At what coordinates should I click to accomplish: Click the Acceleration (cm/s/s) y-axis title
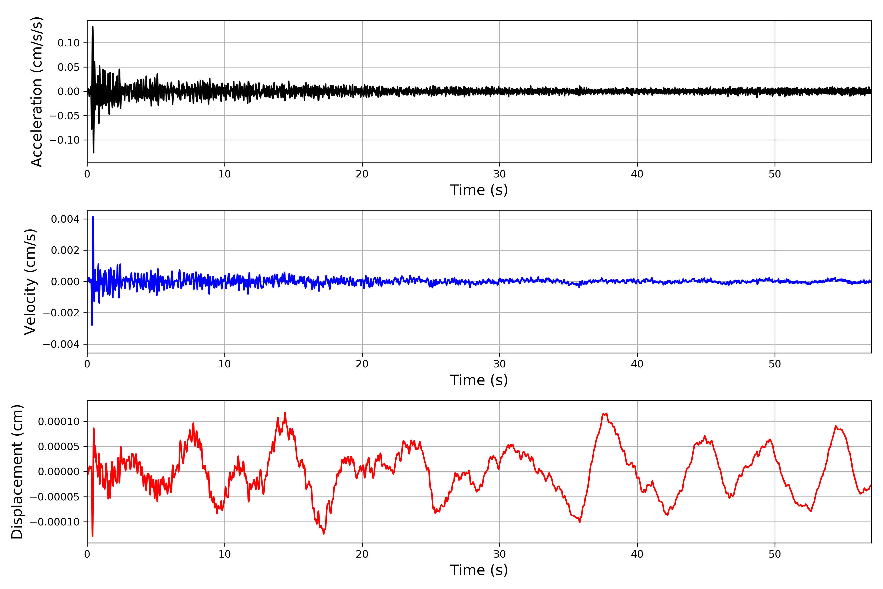coord(37,92)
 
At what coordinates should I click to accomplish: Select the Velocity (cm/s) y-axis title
coord(30,282)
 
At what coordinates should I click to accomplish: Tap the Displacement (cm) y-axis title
coord(17,472)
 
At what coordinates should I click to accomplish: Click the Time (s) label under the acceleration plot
coord(479,190)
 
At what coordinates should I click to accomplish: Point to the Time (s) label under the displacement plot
coord(479,570)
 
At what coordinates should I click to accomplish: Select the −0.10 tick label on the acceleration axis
coord(65,140)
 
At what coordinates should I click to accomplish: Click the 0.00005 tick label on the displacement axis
coord(59,447)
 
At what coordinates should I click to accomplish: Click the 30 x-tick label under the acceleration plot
coord(500,174)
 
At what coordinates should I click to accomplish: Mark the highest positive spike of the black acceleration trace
coord(93,27)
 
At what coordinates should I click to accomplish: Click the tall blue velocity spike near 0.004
coord(93,217)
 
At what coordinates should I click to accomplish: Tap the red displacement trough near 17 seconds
coord(324,533)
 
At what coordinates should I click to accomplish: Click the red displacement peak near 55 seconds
coord(836,426)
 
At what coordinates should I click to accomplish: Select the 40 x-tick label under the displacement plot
coord(637,554)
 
